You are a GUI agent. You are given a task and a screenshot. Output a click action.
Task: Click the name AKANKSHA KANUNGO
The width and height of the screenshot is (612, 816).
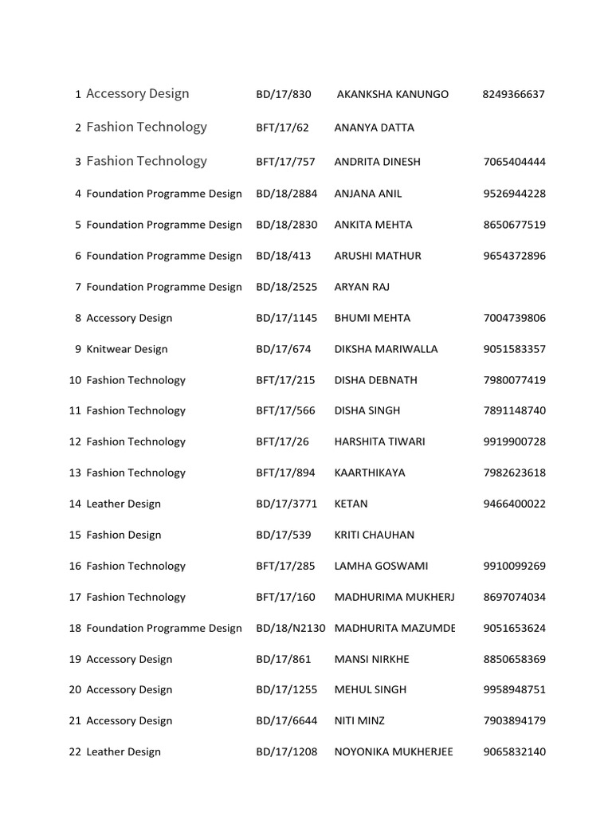click(392, 94)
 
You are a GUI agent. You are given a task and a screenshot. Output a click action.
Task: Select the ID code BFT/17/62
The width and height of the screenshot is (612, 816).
click(282, 127)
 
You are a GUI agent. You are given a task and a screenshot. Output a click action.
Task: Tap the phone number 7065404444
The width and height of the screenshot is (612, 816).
click(514, 162)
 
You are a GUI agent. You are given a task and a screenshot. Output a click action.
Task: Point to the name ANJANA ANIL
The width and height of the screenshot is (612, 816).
click(368, 194)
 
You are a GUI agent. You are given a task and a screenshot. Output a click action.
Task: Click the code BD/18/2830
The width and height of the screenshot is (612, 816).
click(286, 225)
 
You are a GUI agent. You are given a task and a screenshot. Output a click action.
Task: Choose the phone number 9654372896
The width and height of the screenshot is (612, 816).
click(514, 256)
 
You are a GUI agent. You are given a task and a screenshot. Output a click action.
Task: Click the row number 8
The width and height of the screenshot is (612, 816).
click(78, 318)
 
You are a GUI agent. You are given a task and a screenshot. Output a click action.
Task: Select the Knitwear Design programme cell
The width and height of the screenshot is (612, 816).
click(127, 349)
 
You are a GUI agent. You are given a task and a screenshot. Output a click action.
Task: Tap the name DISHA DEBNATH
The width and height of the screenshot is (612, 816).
click(375, 380)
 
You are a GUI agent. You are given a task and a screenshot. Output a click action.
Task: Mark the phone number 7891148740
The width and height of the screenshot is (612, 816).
click(514, 410)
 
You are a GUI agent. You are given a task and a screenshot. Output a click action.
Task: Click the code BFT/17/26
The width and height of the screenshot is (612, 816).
click(282, 441)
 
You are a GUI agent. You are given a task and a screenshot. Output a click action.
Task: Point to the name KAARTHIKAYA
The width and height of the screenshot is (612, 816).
click(370, 473)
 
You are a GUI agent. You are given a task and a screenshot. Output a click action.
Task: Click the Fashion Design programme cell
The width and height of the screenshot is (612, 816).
click(124, 535)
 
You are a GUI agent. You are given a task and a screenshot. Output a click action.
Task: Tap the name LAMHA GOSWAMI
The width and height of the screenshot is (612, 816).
click(381, 566)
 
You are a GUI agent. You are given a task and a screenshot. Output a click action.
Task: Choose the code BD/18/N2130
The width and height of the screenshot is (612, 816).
click(291, 628)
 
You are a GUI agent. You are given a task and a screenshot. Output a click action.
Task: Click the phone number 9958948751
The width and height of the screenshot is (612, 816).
click(514, 689)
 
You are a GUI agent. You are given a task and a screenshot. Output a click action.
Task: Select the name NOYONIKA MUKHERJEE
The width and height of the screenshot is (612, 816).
click(394, 751)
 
